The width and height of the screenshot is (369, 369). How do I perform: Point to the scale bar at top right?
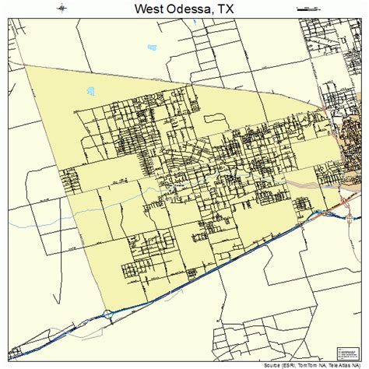pos(308,9)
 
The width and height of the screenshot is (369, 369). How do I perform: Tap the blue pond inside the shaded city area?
pos(92,91)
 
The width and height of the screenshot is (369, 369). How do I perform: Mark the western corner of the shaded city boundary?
pos(26,67)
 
